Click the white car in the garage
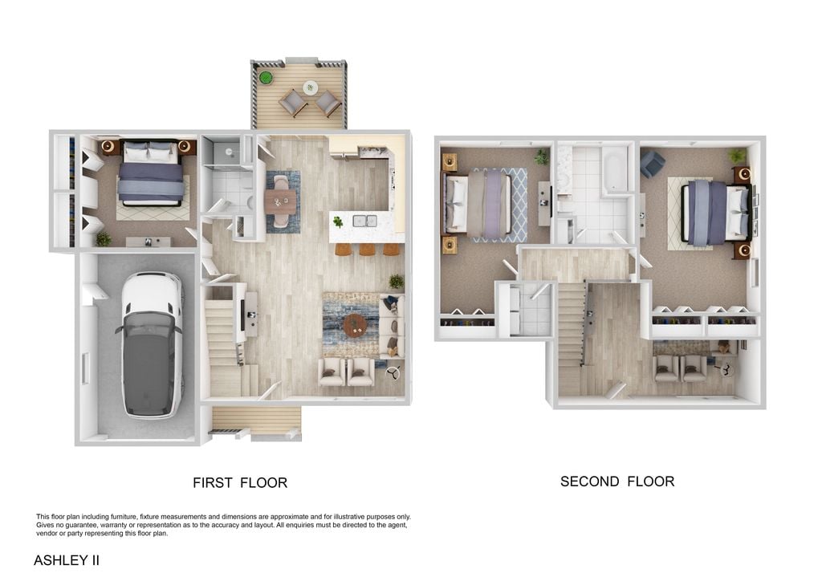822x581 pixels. click(152, 345)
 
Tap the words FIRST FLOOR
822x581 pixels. click(240, 482)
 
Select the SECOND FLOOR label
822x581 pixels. click(617, 481)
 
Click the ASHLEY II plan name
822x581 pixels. click(67, 560)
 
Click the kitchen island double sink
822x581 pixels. click(364, 221)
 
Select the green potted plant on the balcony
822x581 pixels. click(266, 78)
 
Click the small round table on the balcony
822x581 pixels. click(310, 87)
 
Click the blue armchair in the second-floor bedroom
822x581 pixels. click(653, 164)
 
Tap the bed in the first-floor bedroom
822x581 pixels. click(150, 172)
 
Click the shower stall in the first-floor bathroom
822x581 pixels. click(222, 151)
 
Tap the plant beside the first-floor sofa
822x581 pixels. click(397, 282)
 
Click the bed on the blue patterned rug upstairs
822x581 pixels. click(478, 203)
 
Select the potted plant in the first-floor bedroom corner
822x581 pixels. click(104, 239)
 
